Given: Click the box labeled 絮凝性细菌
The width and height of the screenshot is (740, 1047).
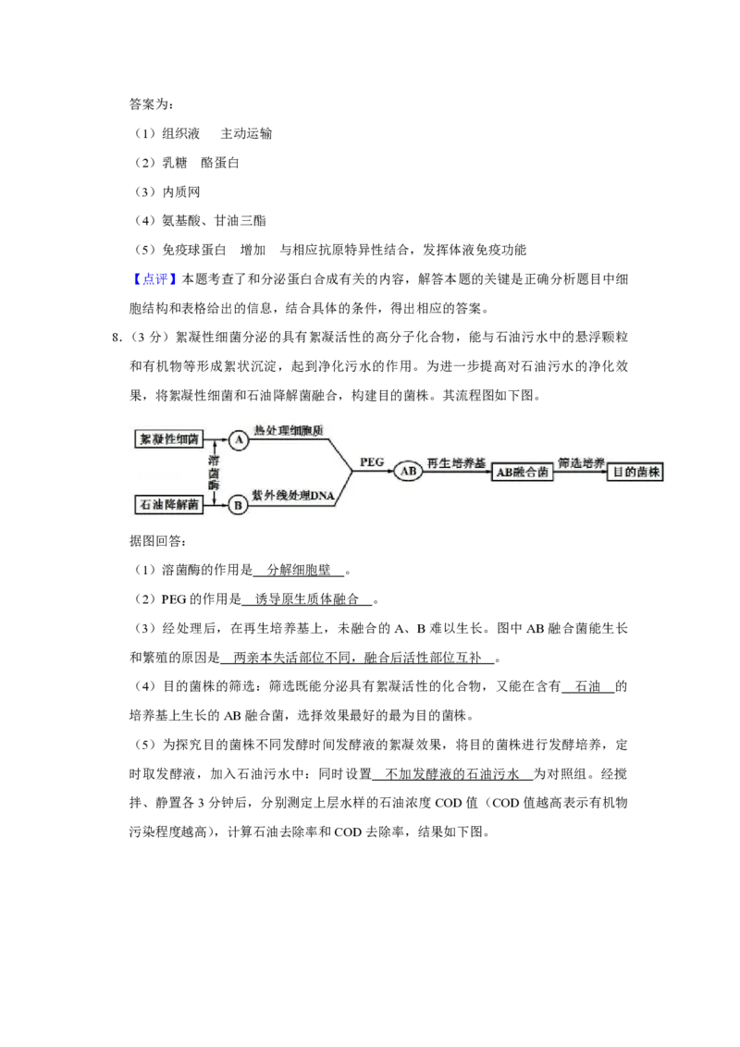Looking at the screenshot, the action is pos(167,439).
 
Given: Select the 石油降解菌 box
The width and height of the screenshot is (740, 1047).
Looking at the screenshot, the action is pos(167,504).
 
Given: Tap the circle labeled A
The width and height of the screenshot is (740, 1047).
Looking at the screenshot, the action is pos(239,440).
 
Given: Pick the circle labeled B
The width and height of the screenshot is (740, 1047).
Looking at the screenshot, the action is pos(239,505).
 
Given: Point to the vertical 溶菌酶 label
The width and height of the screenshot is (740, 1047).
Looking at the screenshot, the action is pos(214,472).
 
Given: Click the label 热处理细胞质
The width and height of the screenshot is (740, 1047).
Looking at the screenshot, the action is pos(295,430).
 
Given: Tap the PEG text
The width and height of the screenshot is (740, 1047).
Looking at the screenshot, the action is pos(372,462).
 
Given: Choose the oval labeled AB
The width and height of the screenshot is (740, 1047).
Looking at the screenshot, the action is pos(408,472).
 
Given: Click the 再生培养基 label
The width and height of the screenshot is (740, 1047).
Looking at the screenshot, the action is pos(455,462).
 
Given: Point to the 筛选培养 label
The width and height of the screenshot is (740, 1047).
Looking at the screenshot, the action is pos(581,462).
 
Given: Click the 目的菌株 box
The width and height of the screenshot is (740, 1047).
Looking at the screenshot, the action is pos(638,472).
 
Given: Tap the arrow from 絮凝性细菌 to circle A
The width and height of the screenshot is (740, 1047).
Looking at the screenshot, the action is pos(216,440).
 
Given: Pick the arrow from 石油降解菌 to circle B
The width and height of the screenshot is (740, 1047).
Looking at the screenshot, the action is pos(216,505).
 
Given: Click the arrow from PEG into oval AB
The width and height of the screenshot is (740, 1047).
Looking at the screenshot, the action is pos(375,472).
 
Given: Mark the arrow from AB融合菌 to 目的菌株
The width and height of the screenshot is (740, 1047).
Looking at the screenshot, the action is pos(582,472).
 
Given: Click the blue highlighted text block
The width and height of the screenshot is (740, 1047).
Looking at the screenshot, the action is pos(154,278).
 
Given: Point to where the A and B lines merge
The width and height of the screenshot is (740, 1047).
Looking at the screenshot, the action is pos(351,472).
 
